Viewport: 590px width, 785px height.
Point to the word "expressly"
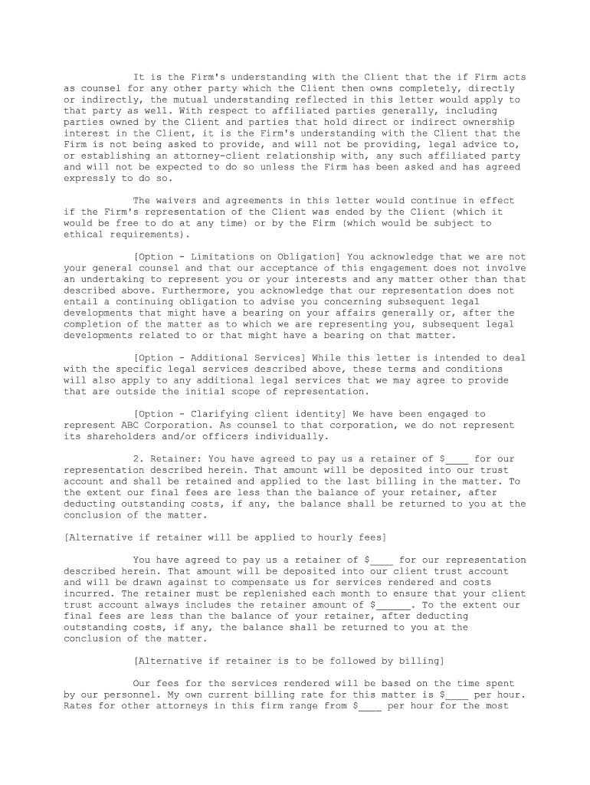click(x=91, y=178)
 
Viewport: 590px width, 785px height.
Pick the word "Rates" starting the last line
click(x=78, y=706)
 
